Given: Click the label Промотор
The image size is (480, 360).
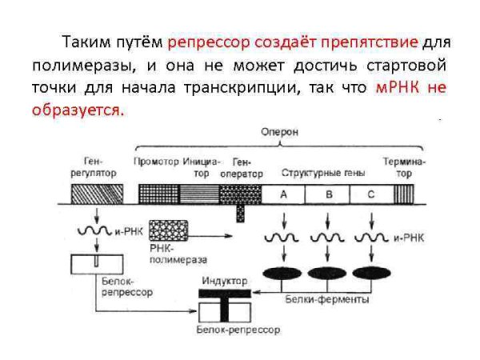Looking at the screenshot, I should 155,161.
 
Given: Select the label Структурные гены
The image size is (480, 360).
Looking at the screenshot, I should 318,172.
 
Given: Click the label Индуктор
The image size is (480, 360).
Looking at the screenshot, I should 224,281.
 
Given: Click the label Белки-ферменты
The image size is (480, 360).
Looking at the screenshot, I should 327,299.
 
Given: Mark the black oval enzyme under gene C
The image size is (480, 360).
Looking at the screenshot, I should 369,272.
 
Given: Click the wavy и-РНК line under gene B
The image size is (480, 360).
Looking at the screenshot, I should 326,238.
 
